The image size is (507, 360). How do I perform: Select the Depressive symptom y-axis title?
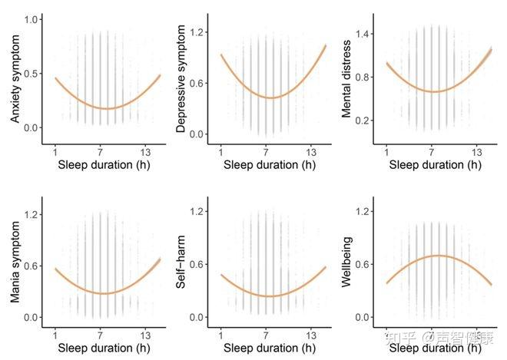[181, 77]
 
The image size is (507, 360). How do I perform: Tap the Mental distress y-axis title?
[348, 77]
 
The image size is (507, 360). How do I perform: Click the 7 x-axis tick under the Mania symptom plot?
[100, 335]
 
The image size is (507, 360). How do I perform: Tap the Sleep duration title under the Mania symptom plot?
[101, 348]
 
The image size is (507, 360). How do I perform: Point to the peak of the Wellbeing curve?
[437, 256]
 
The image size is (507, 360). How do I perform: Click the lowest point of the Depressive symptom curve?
[270, 97]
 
